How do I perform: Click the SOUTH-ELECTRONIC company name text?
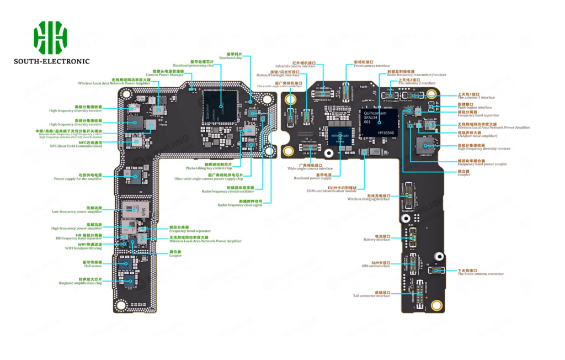tap(51, 61)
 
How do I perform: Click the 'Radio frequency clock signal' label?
tap(240, 205)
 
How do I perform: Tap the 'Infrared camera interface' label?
tap(296, 66)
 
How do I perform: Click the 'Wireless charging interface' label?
tap(369, 199)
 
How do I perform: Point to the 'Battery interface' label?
tap(377, 240)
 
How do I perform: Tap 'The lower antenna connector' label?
tap(481, 274)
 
